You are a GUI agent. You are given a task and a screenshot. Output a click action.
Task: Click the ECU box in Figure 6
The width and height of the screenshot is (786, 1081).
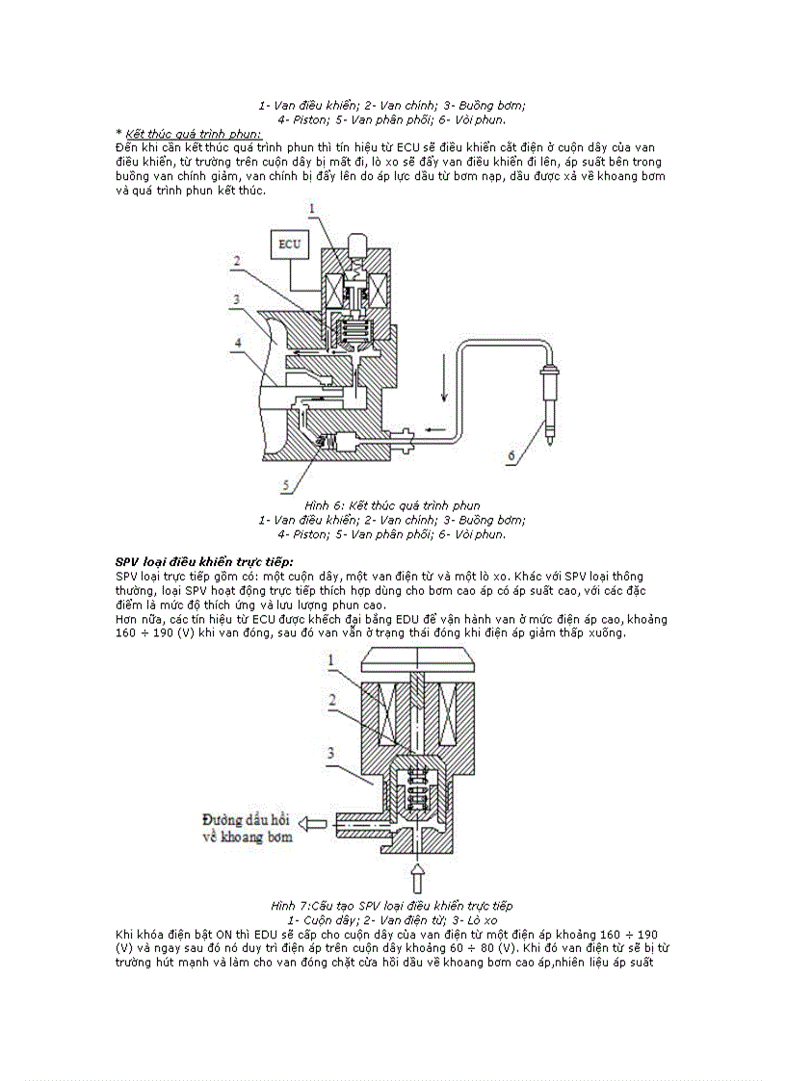[x=289, y=244]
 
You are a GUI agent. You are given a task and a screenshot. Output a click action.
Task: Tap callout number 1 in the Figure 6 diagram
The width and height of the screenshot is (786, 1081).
[x=311, y=208]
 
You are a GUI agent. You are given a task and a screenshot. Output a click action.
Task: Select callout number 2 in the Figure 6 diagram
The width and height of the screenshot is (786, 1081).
[x=234, y=261]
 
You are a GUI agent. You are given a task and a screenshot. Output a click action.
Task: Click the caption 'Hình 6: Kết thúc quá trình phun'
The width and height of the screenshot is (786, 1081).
[x=392, y=505]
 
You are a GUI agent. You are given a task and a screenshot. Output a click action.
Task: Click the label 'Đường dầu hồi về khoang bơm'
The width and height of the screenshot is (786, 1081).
[x=246, y=828]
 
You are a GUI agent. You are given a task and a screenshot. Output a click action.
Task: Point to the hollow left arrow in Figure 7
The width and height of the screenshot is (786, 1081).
[x=311, y=824]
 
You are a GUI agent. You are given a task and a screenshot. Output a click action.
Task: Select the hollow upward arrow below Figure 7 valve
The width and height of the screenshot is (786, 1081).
[x=416, y=878]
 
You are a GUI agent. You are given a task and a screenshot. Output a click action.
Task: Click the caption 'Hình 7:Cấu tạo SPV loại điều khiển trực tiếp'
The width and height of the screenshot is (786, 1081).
[x=392, y=906]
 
